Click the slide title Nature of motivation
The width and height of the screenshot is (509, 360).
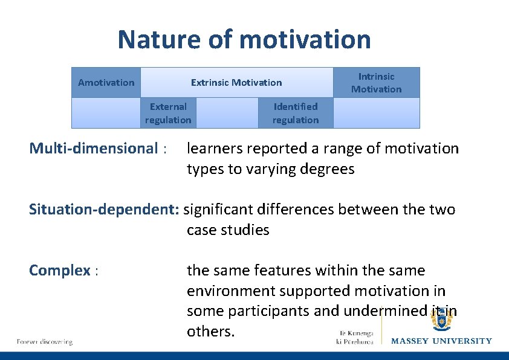point(244,40)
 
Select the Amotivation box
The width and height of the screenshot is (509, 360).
point(106,83)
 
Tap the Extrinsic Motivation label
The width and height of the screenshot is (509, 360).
point(236,83)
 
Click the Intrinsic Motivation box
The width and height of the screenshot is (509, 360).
point(376,83)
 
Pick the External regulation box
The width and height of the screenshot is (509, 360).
point(168,114)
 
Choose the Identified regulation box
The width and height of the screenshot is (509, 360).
point(295,114)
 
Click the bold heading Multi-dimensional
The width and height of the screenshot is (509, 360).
point(93,149)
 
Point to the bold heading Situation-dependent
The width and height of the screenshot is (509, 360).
point(104,210)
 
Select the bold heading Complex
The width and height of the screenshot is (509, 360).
point(59,271)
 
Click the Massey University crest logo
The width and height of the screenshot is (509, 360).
point(441,318)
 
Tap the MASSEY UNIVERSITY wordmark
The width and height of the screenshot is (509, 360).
point(441,341)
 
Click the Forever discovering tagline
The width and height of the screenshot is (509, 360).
point(44,342)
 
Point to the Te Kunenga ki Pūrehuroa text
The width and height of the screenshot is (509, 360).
point(355,338)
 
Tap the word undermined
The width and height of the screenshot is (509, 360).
point(376,311)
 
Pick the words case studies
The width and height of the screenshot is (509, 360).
point(228,230)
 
